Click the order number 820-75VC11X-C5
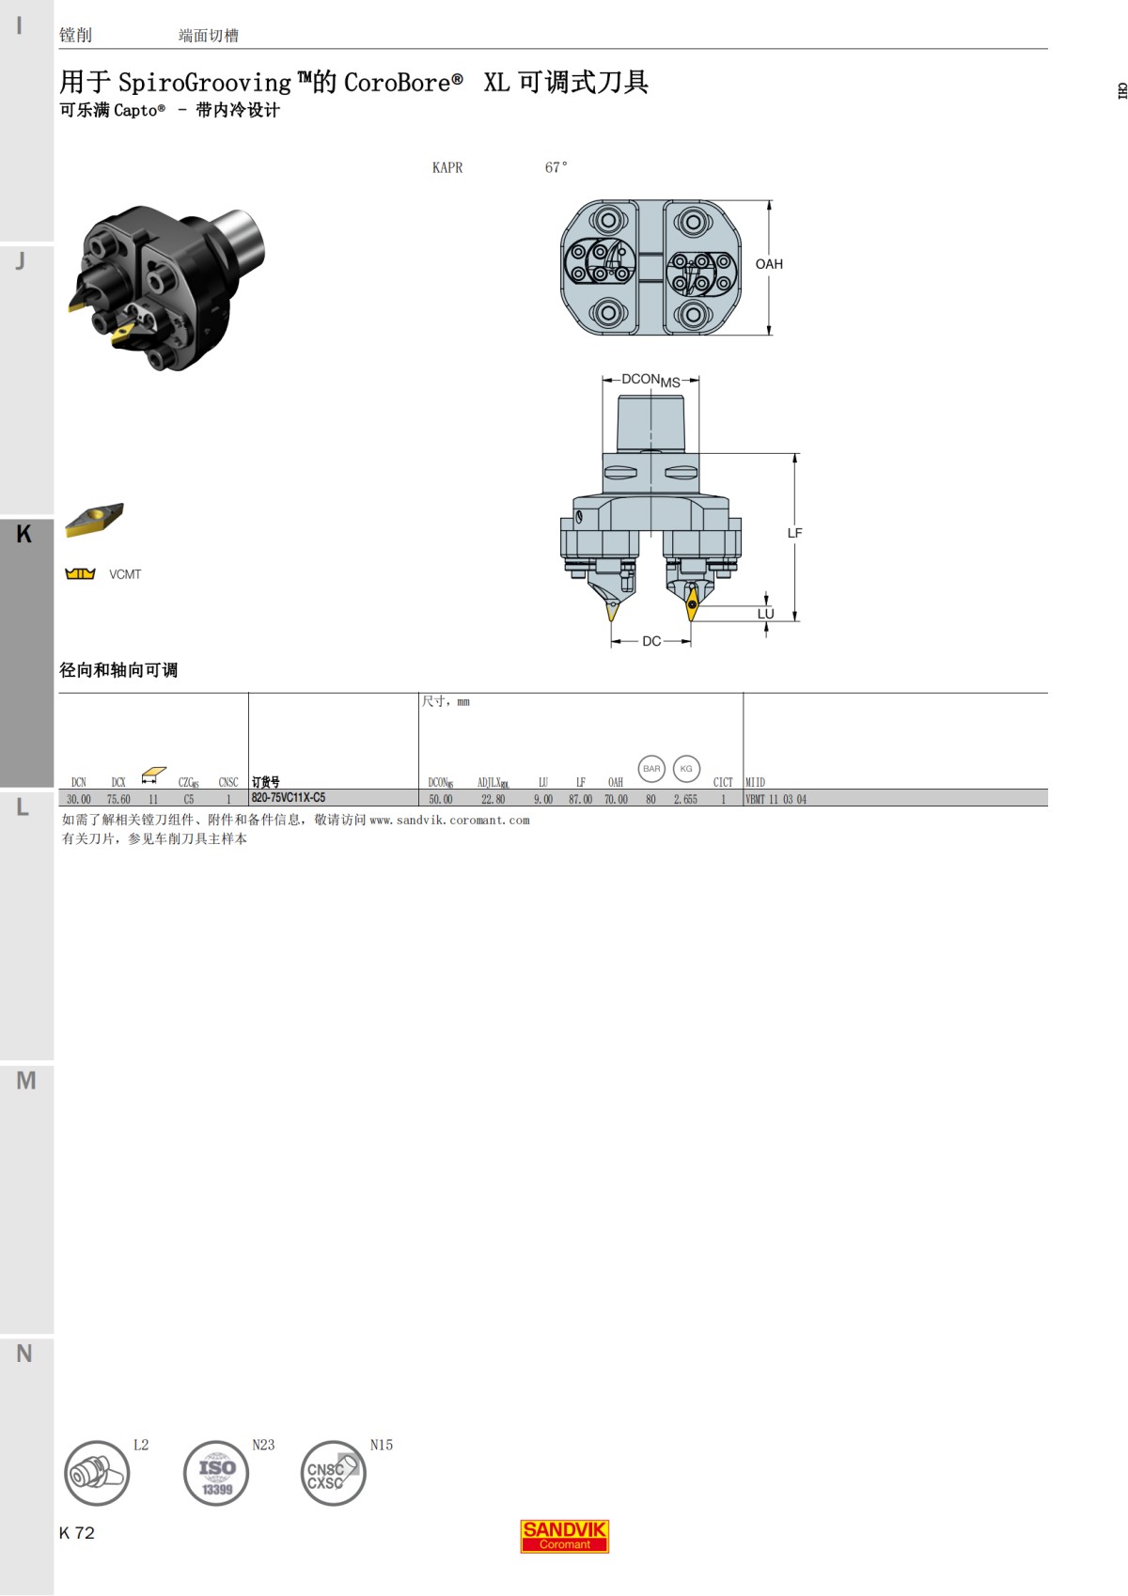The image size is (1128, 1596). (289, 798)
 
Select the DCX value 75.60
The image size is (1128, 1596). (118, 799)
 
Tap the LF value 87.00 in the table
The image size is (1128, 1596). (580, 799)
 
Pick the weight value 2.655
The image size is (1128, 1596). (685, 799)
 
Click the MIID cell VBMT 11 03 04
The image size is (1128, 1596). (775, 799)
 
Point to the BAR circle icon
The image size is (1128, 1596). (651, 769)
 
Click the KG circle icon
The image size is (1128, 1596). (686, 769)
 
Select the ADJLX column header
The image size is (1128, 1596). (493, 782)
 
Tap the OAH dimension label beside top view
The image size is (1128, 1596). (769, 264)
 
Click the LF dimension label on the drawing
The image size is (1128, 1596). (794, 533)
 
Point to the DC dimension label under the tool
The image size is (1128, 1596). (651, 641)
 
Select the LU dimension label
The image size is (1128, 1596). (765, 614)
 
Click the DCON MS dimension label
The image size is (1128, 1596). (650, 380)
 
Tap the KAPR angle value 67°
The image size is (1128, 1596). (556, 167)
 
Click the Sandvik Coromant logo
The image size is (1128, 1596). (564, 1536)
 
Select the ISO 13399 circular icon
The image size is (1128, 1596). (216, 1473)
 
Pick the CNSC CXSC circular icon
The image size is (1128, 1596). (333, 1473)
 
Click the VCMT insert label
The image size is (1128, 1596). (125, 574)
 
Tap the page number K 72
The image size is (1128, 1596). (77, 1533)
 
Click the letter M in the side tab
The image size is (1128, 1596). (26, 1081)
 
